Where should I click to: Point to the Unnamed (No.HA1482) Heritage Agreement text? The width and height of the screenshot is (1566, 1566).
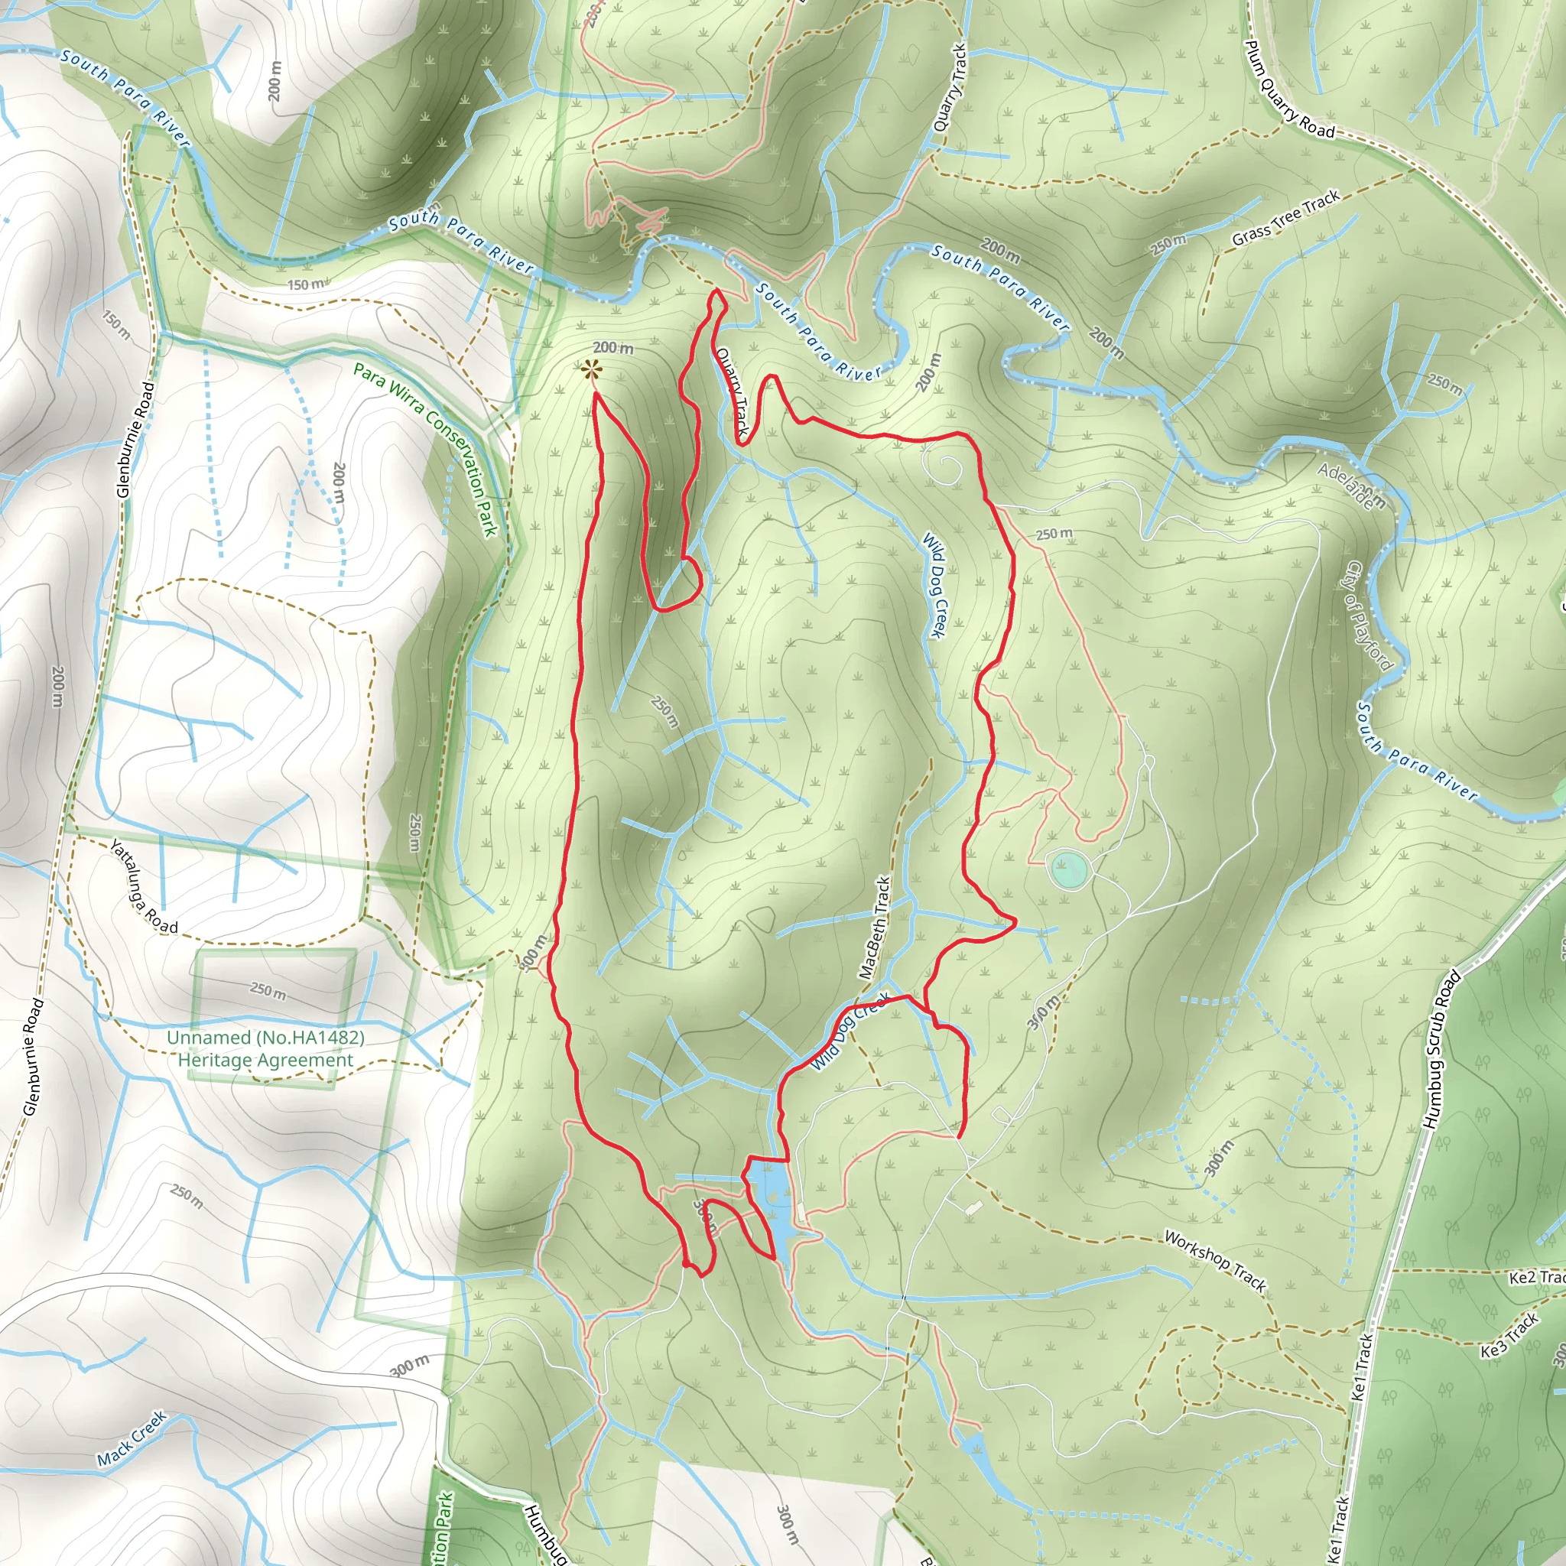pyautogui.click(x=266, y=1049)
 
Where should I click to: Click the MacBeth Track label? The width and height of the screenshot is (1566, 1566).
pyautogui.click(x=876, y=928)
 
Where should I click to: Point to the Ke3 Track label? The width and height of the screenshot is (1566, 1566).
pyautogui.click(x=1509, y=1335)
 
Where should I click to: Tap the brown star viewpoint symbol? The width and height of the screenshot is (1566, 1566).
pyautogui.click(x=591, y=370)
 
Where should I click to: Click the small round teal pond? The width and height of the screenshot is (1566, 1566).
pyautogui.click(x=1067, y=869)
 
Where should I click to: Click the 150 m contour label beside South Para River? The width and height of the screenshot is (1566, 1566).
pyautogui.click(x=306, y=284)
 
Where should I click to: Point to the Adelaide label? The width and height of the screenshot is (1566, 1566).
pyautogui.click(x=1345, y=486)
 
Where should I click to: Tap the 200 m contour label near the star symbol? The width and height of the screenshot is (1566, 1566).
pyautogui.click(x=612, y=349)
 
